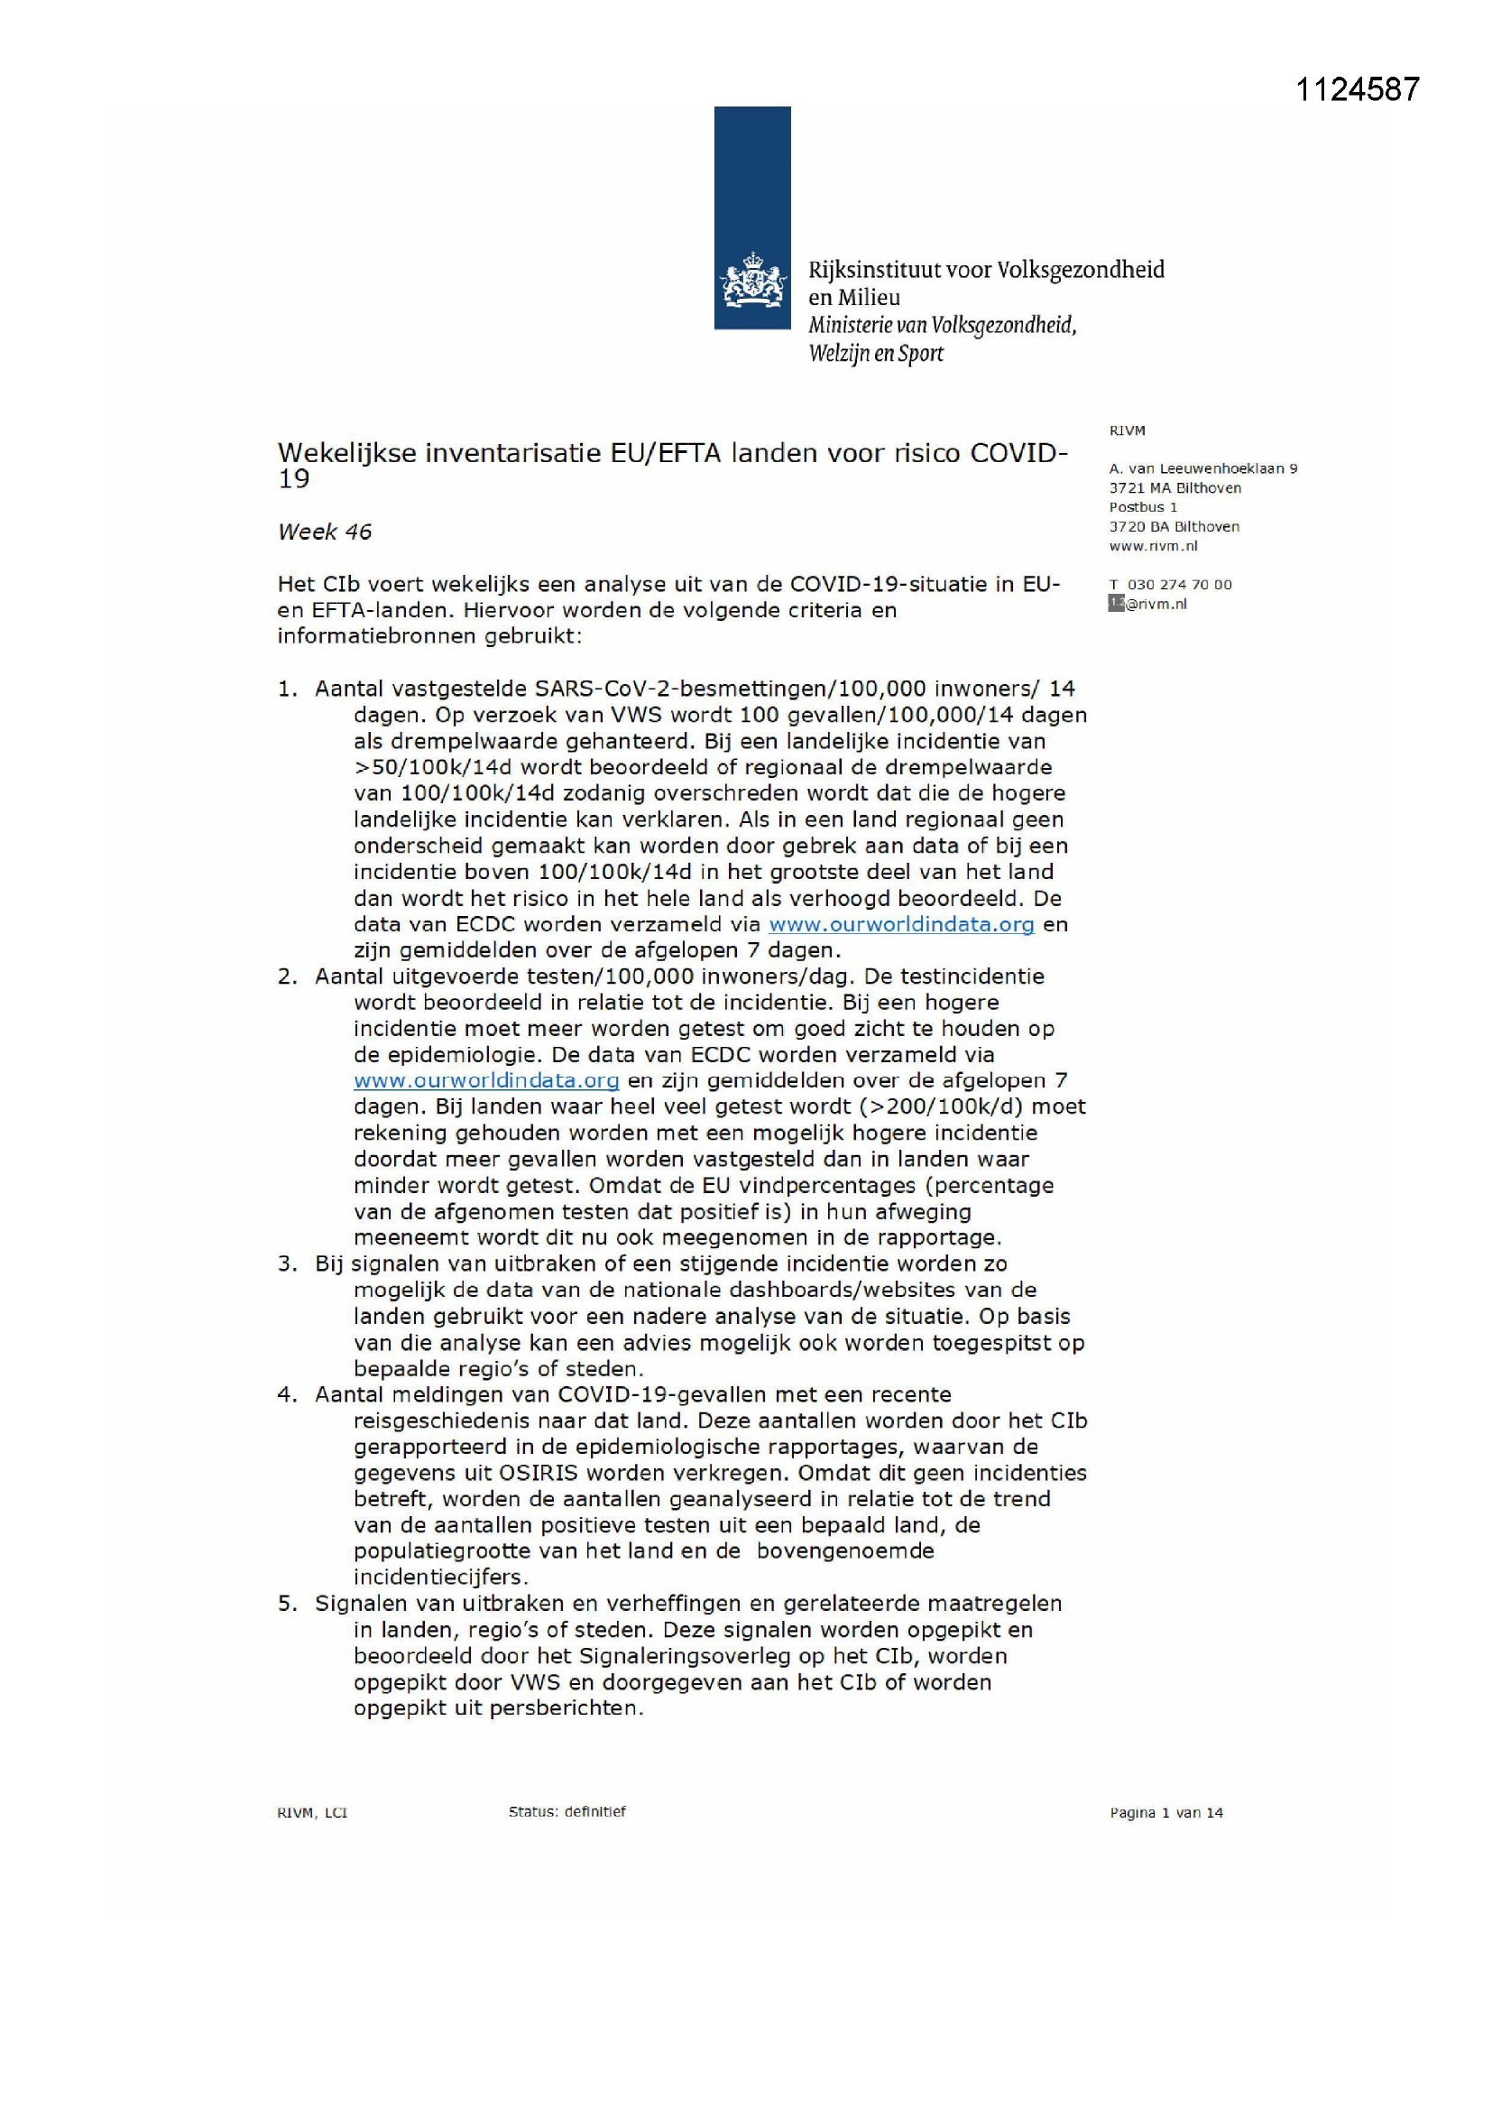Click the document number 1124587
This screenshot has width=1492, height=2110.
1357,89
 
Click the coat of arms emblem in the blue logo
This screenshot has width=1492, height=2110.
752,281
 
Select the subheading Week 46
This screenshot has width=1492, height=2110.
325,532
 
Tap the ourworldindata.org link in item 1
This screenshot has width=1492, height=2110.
900,924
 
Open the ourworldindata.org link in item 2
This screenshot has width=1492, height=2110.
486,1081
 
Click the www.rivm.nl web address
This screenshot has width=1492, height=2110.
1153,546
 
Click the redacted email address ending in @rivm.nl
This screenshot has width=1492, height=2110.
1147,604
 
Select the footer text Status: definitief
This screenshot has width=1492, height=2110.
566,1811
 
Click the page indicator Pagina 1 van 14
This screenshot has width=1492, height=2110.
1165,1812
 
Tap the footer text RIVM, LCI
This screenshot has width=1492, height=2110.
312,1812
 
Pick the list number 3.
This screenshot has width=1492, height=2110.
287,1264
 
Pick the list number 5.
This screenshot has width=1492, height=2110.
287,1604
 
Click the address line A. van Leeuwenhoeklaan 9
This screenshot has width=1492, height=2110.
1202,468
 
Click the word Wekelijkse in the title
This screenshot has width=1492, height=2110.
345,453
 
